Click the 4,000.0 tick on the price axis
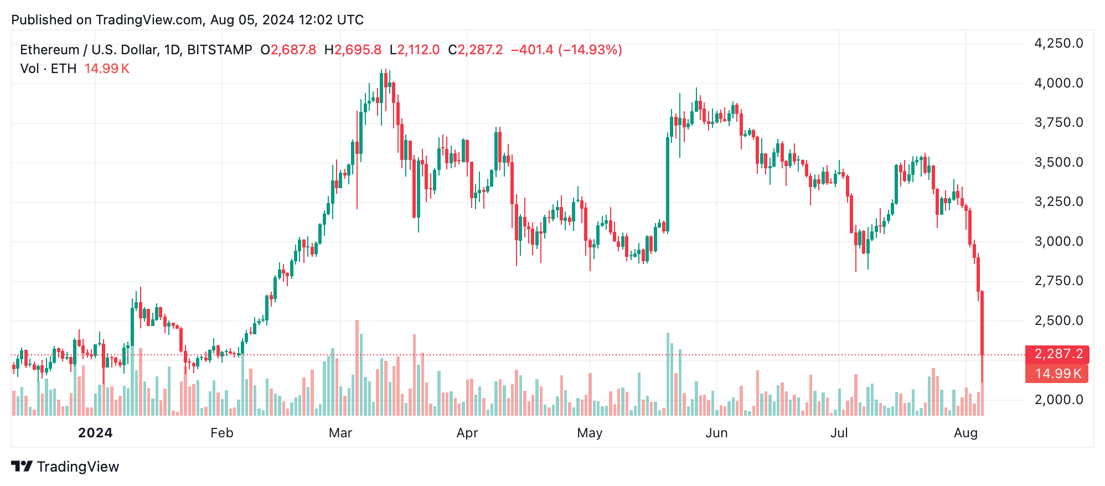pos(1058,83)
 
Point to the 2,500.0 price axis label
pos(1058,320)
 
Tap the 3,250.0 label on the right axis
pos(1058,201)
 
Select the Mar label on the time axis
pos(340,433)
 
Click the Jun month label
pos(716,433)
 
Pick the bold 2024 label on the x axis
pos(95,433)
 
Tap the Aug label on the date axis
pos(965,433)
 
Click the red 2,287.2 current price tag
pos(1057,354)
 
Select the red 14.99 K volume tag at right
pos(1057,374)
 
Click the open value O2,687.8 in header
pos(288,50)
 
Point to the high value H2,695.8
pos(353,50)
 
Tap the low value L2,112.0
pos(415,50)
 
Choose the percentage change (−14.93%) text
pos(590,50)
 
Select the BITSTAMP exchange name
pos(220,50)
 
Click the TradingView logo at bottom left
pos(65,467)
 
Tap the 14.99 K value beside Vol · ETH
pos(107,69)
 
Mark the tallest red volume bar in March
pos(357,368)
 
